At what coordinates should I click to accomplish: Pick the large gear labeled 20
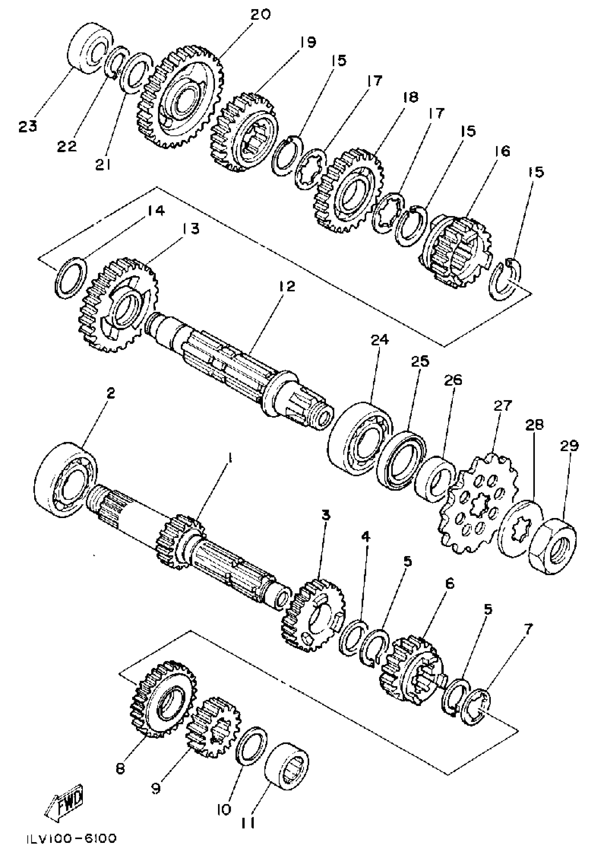pyautogui.click(x=181, y=98)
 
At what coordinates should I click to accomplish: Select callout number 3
pyautogui.click(x=325, y=516)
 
